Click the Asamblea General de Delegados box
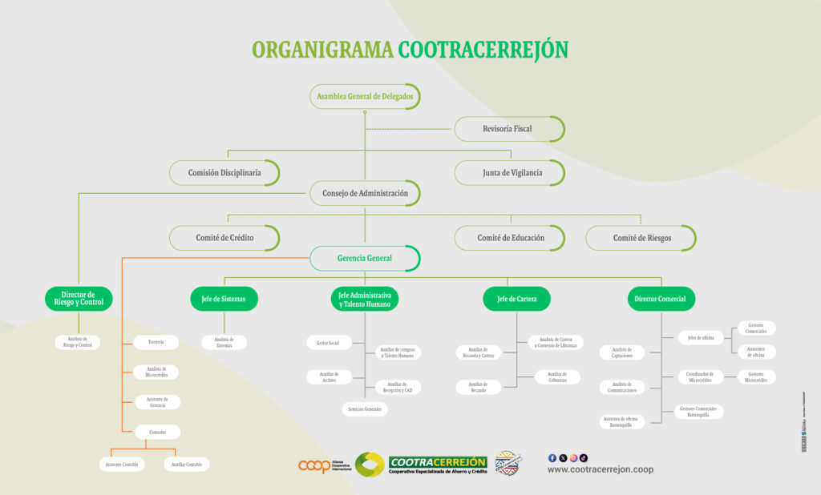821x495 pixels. coord(365,96)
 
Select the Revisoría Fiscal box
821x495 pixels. coord(508,129)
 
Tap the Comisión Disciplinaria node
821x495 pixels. coord(224,172)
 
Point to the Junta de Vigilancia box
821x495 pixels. coord(512,172)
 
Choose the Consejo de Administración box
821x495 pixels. coord(365,193)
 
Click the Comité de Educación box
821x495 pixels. coord(511,238)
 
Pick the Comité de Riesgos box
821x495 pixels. coord(642,238)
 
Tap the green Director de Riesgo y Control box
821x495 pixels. coord(78,299)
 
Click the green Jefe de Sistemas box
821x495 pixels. coord(224,299)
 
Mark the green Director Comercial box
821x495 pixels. coord(661,299)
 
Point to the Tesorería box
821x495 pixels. coord(156,342)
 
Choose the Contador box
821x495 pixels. coord(157,433)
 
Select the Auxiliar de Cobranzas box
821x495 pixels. coord(557,376)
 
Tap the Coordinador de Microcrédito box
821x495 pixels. coord(701,376)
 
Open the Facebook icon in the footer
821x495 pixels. coord(552,457)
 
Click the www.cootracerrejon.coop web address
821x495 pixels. coord(600,469)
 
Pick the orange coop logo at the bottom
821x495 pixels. coord(314,465)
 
